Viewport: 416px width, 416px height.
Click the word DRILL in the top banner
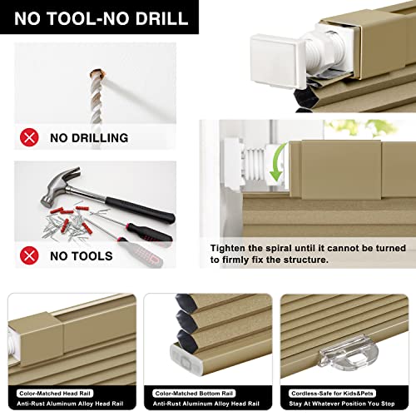click(162, 18)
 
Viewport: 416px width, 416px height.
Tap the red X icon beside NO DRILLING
click(29, 137)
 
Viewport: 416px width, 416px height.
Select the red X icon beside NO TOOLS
click(29, 255)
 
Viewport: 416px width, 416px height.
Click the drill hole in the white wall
click(98, 74)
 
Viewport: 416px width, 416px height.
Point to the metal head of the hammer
click(60, 186)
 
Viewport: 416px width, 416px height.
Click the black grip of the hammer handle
click(141, 210)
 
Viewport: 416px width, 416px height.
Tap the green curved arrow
click(279, 162)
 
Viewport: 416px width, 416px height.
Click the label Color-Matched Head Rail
click(55, 394)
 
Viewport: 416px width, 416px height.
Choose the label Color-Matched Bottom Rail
click(194, 394)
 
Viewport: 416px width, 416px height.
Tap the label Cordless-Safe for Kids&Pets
click(332, 394)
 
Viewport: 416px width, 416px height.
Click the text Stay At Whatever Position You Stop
click(342, 404)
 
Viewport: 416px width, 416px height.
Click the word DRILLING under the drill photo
click(100, 138)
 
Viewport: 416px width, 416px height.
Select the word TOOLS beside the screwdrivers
click(92, 256)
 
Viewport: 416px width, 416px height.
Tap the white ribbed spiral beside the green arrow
click(255, 164)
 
